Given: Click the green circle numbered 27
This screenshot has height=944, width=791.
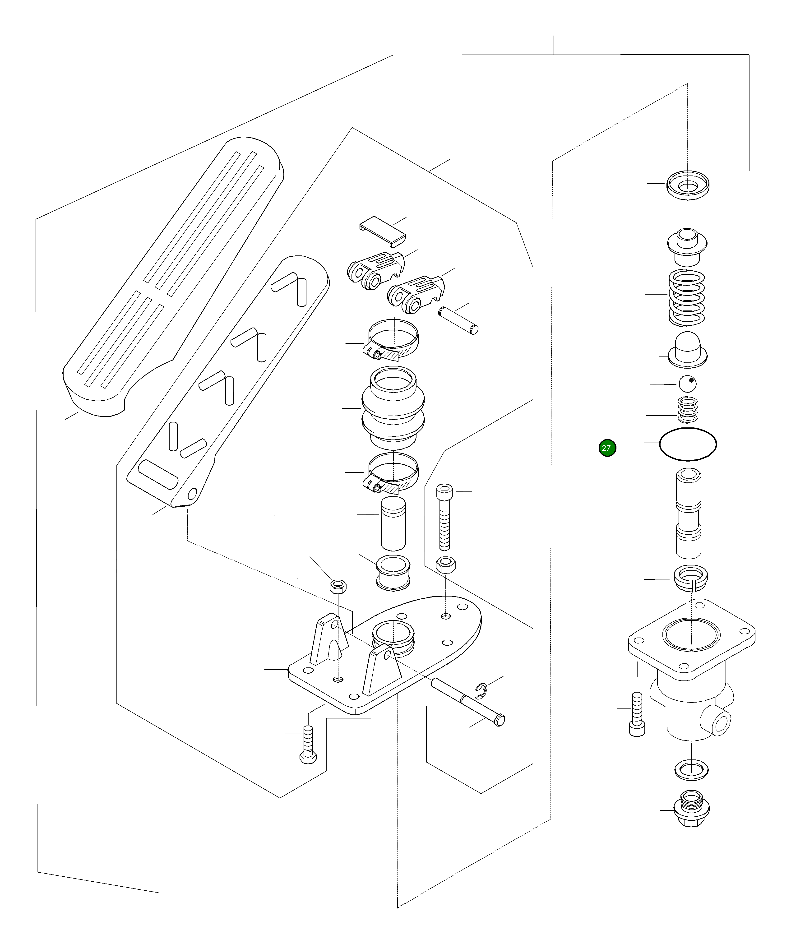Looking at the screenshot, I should pos(607,448).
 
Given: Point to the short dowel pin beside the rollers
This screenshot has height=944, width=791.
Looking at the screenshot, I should pos(458,320).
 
